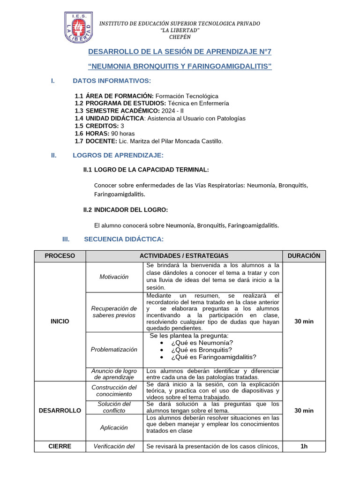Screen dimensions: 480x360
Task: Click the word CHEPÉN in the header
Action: pos(180,37)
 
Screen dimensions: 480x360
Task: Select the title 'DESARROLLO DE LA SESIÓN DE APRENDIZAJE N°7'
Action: pos(180,52)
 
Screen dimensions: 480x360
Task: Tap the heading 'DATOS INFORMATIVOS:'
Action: pos(112,81)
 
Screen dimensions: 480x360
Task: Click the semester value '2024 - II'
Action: pos(160,111)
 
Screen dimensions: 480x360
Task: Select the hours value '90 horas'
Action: pos(123,133)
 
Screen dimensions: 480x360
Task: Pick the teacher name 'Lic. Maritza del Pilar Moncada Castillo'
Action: pos(170,141)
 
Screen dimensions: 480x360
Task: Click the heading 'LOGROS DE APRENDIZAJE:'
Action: pos(118,155)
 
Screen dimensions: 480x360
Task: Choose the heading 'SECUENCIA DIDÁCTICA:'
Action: pos(124,240)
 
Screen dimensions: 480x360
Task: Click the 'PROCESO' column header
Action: pos(60,255)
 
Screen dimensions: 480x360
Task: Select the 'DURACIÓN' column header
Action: pos(304,255)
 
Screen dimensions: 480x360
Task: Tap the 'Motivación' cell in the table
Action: pos(114,277)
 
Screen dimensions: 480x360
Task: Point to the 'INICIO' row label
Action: pos(60,321)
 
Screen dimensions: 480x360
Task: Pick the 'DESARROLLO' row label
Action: pos(60,410)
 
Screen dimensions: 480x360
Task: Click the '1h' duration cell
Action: pos(304,446)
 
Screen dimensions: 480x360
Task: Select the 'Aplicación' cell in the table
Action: pos(114,427)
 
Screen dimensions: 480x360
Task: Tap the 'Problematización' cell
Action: pos(114,349)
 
